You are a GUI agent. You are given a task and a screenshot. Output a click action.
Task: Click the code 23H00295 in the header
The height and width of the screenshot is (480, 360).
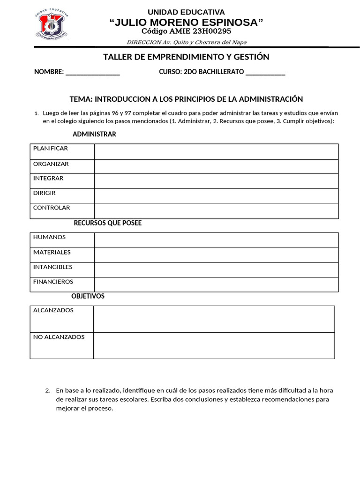coord(209,31)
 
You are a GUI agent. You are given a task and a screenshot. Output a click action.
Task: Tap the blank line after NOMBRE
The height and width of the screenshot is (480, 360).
coord(93,73)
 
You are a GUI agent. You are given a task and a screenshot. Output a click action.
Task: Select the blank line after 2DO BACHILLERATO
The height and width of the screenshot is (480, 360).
coord(265,73)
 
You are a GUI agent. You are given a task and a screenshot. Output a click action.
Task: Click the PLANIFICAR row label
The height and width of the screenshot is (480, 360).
coord(51,149)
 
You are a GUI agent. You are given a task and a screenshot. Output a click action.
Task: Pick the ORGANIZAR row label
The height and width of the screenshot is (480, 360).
coord(51,164)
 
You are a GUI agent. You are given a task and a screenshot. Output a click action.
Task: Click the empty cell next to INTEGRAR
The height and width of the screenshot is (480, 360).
coord(216,181)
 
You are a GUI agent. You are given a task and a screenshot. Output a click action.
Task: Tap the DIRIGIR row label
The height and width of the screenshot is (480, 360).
coord(45,193)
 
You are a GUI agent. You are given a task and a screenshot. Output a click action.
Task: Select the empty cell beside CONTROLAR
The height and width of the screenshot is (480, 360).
coord(216,210)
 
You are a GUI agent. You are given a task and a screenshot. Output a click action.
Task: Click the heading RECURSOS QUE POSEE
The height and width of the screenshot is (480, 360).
coord(108,223)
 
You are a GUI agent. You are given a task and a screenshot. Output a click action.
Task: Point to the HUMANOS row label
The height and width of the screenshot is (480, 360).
coord(50,237)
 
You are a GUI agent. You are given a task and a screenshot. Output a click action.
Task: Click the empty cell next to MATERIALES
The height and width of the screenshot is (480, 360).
coord(216,255)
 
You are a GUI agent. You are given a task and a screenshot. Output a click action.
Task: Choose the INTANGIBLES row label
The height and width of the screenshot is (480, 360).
coord(53,267)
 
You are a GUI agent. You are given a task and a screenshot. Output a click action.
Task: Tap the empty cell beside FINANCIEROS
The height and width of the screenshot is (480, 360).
coord(216,284)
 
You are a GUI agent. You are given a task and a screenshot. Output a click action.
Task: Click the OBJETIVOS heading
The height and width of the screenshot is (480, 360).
coord(88,296)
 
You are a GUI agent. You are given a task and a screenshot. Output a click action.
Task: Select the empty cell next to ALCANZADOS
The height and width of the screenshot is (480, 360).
coord(214,319)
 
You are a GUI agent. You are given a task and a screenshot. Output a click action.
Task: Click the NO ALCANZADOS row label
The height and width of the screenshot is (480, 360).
coord(59,337)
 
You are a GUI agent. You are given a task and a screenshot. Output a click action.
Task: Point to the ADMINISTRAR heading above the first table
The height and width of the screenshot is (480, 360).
coord(94,135)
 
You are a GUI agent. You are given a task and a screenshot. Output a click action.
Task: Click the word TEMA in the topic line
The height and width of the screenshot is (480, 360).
coord(81,99)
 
